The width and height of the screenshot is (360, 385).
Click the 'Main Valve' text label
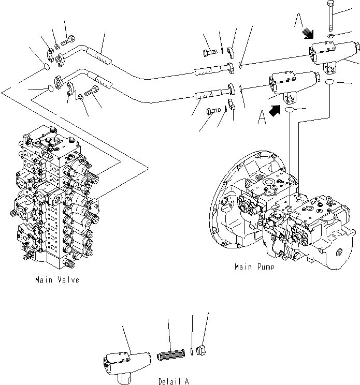(57, 280)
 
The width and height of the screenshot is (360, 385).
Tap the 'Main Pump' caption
(254, 267)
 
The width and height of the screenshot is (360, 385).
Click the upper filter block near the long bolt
(332, 54)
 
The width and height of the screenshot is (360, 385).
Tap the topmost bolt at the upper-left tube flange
(68, 38)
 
